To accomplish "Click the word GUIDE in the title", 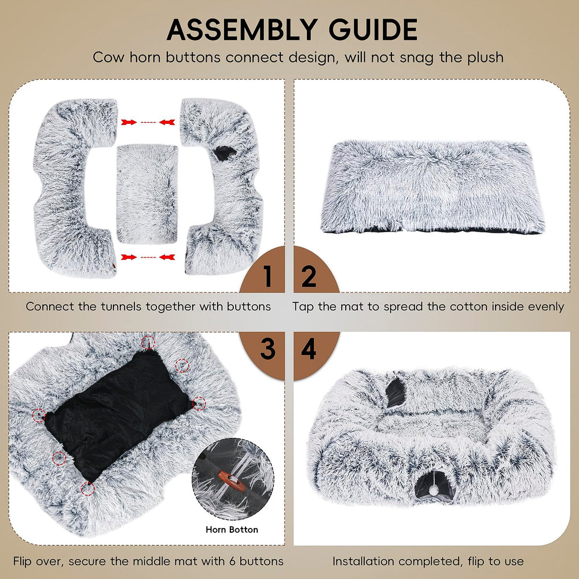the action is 373,30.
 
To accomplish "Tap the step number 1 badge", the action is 263,270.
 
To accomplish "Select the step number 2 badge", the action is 316,270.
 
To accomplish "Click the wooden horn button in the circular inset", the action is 232,481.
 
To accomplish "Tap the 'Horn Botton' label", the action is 232,530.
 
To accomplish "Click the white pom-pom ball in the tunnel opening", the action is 434,490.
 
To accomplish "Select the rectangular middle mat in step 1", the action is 147,194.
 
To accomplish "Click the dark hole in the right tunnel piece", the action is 225,153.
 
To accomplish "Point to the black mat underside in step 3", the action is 118,413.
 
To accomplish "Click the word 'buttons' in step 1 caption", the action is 248,306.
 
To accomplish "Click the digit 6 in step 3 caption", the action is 232,561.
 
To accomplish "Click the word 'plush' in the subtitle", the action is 485,58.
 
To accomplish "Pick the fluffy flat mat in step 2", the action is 433,186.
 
